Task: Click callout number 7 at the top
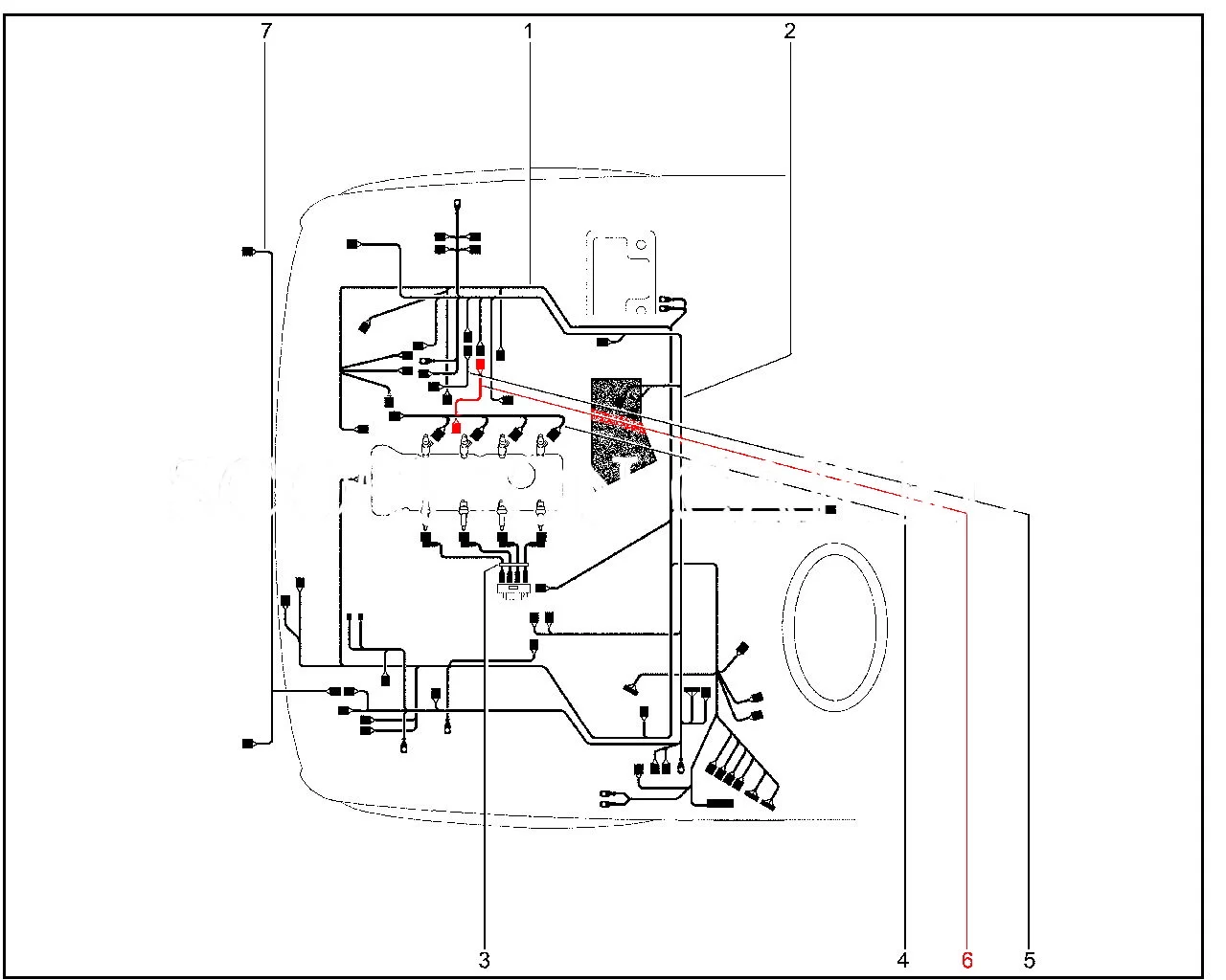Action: (x=266, y=32)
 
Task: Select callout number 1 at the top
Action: (x=528, y=32)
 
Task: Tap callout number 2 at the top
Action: (x=789, y=32)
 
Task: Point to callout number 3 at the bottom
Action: (x=485, y=958)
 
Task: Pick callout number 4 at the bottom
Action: (x=903, y=958)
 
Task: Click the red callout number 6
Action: (x=966, y=958)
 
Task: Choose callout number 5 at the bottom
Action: (x=1030, y=958)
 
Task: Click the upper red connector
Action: (x=481, y=364)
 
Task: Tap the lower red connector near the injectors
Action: (x=457, y=427)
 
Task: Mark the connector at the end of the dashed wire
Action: (x=830, y=510)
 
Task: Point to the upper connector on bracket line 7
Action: (x=248, y=252)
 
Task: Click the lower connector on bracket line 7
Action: (x=248, y=743)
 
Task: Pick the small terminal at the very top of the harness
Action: (x=457, y=204)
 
